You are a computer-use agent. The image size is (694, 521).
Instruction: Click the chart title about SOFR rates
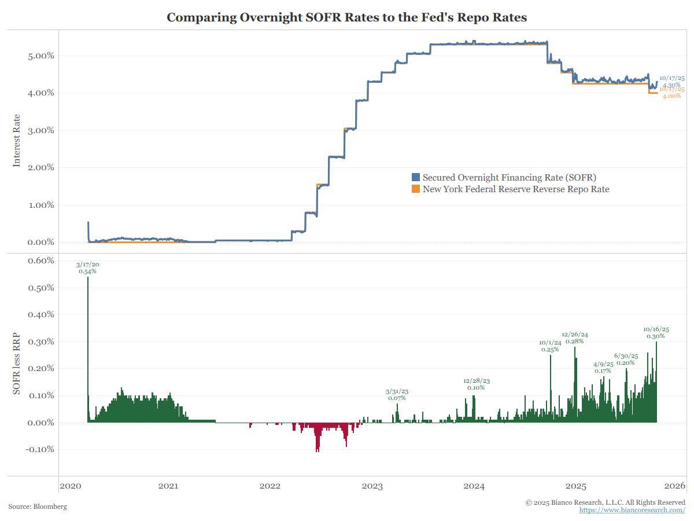pos(346,17)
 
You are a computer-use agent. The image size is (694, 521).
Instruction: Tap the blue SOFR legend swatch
pos(415,177)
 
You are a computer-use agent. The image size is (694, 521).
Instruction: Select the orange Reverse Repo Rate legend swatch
pos(415,189)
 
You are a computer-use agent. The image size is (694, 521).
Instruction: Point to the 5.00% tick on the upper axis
pos(40,56)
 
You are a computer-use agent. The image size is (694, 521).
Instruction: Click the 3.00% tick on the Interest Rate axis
pos(40,130)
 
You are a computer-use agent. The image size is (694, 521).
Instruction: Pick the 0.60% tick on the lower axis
pos(40,260)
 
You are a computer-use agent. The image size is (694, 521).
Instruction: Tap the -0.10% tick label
pos(39,449)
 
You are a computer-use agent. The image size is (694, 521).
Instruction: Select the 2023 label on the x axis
pos(372,486)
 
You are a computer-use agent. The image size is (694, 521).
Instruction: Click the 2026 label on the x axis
pos(675,486)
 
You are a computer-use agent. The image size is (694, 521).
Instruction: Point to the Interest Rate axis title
pos(16,140)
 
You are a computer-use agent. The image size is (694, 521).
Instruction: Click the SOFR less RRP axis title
pos(16,364)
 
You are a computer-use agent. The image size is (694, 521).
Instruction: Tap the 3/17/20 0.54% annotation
pos(88,267)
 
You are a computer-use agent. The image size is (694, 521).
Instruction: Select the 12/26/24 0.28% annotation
pos(575,337)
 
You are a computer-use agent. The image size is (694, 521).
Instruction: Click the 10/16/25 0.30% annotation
pos(656,332)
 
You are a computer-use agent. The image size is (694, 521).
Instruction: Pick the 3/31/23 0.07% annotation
pos(397,395)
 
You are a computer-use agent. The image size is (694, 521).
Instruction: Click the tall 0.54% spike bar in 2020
pos(88,347)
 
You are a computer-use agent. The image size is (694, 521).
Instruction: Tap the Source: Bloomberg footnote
pos(38,507)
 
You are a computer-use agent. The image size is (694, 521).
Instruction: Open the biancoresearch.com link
pos(632,510)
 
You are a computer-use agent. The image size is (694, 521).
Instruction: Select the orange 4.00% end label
pos(671,93)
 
